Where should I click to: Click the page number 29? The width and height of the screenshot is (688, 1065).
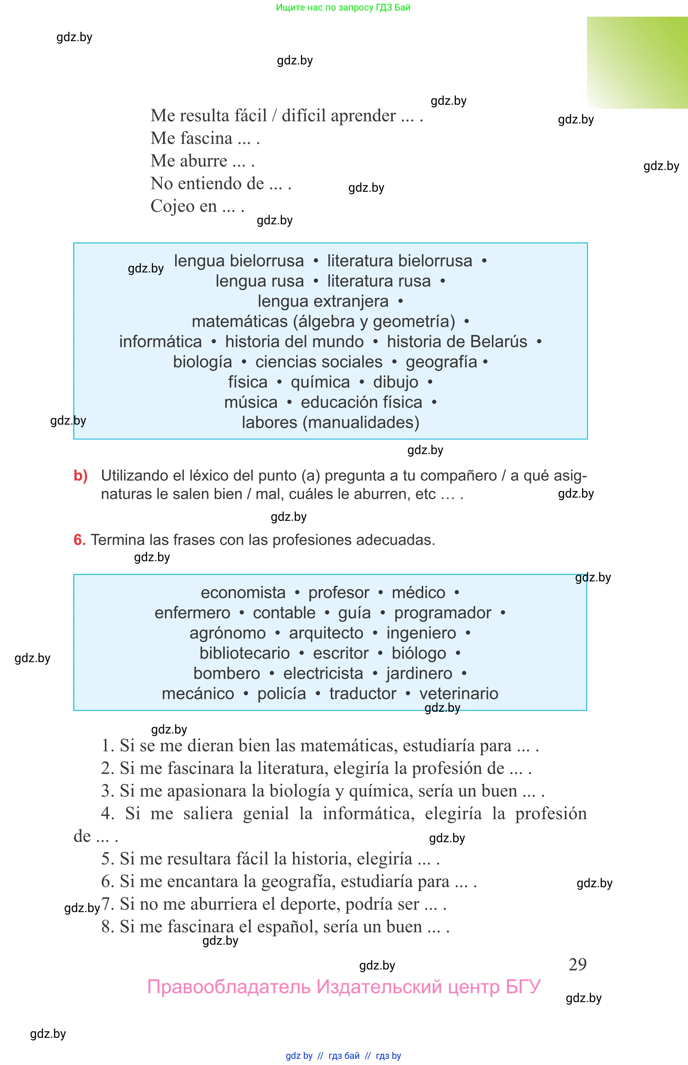577,964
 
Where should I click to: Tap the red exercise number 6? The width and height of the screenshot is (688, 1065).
79,540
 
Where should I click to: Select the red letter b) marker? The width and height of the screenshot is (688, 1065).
80,475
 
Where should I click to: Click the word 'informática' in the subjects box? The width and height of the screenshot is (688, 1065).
160,342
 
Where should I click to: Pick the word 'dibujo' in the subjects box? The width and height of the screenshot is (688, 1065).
395,382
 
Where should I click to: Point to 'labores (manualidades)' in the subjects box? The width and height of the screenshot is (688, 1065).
330,422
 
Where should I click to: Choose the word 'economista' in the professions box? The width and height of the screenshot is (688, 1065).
243,593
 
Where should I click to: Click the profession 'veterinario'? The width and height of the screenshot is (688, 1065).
459,694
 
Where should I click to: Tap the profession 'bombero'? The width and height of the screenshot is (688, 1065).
226,673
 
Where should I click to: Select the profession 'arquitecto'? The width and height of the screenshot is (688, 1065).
326,633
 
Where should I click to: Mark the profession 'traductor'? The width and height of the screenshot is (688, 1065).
362,694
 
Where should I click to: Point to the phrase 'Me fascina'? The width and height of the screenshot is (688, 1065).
191,139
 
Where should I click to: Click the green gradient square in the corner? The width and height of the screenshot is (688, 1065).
637,62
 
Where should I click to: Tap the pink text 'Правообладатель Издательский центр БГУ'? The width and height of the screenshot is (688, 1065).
344,987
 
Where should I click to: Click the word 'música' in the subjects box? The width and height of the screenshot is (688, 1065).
251,402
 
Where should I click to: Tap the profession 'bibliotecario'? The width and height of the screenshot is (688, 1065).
244,653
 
